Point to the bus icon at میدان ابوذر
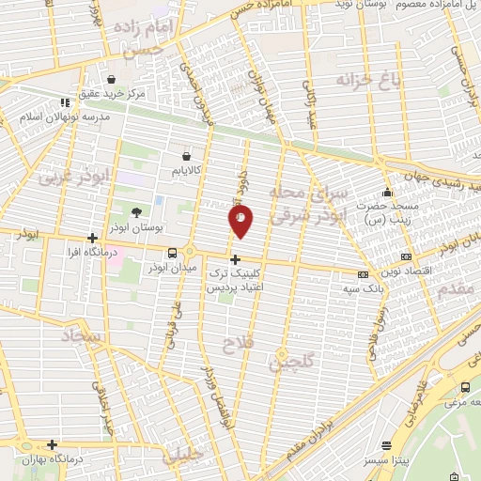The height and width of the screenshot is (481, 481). (x=172, y=253)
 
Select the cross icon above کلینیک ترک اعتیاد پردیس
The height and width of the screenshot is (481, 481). (x=235, y=259)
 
